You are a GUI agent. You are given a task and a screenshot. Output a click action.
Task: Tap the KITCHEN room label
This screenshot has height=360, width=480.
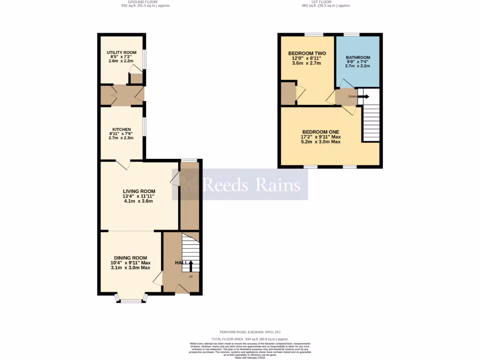click(121, 129)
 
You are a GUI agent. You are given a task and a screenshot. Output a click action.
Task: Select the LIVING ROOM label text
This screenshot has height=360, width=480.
click(139, 191)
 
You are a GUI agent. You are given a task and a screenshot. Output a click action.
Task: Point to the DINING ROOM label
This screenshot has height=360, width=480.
click(129, 258)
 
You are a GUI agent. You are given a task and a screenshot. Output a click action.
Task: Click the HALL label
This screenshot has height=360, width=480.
click(179, 263)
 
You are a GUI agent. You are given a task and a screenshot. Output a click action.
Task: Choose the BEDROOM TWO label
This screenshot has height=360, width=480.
click(307, 53)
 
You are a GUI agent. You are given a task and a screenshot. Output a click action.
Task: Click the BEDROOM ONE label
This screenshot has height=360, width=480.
click(320, 132)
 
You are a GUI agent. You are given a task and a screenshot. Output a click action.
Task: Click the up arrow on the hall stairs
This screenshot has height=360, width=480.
click(190, 266)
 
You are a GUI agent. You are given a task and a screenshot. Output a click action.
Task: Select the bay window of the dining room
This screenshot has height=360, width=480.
click(131, 299)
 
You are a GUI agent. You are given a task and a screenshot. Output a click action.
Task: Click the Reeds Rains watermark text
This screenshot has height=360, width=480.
click(251, 185)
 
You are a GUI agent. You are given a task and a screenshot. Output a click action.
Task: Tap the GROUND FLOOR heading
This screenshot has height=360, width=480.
click(145, 2)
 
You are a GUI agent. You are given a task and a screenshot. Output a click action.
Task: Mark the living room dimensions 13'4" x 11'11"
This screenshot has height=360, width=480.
click(139, 196)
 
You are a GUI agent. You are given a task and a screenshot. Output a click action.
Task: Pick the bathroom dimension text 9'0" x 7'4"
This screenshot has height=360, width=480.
click(358, 62)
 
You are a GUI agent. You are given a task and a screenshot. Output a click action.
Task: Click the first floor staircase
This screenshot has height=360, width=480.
click(371, 122)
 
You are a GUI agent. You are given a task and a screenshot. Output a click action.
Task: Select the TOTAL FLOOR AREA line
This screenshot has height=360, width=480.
click(249, 339)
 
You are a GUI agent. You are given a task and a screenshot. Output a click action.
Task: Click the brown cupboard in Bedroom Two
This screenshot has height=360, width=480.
click(287, 94)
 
